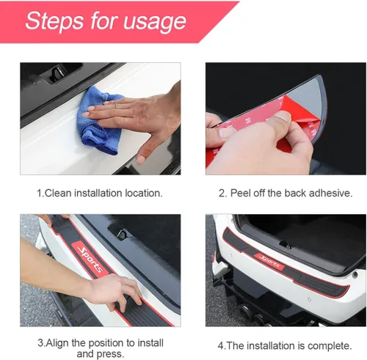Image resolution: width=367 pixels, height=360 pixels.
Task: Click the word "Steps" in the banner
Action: [54, 21]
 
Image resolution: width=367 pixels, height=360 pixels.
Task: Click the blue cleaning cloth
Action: [100, 120]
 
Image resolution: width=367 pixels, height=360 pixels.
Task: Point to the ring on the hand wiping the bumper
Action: [116, 106]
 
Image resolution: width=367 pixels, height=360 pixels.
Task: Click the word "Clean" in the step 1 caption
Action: [58, 193]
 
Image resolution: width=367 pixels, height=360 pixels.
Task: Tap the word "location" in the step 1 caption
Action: [144, 193]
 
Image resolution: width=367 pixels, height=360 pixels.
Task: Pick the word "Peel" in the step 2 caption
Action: [241, 193]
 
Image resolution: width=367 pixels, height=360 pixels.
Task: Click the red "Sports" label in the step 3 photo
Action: [91, 260]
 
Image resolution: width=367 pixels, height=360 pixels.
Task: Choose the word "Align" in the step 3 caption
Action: [57, 343]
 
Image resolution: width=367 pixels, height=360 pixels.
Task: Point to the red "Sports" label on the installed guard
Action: [269, 262]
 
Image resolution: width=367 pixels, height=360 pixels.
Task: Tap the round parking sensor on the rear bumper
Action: [309, 299]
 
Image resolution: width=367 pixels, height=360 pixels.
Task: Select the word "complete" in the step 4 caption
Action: [330, 346]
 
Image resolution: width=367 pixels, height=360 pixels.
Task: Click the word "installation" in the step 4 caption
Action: [271, 346]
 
